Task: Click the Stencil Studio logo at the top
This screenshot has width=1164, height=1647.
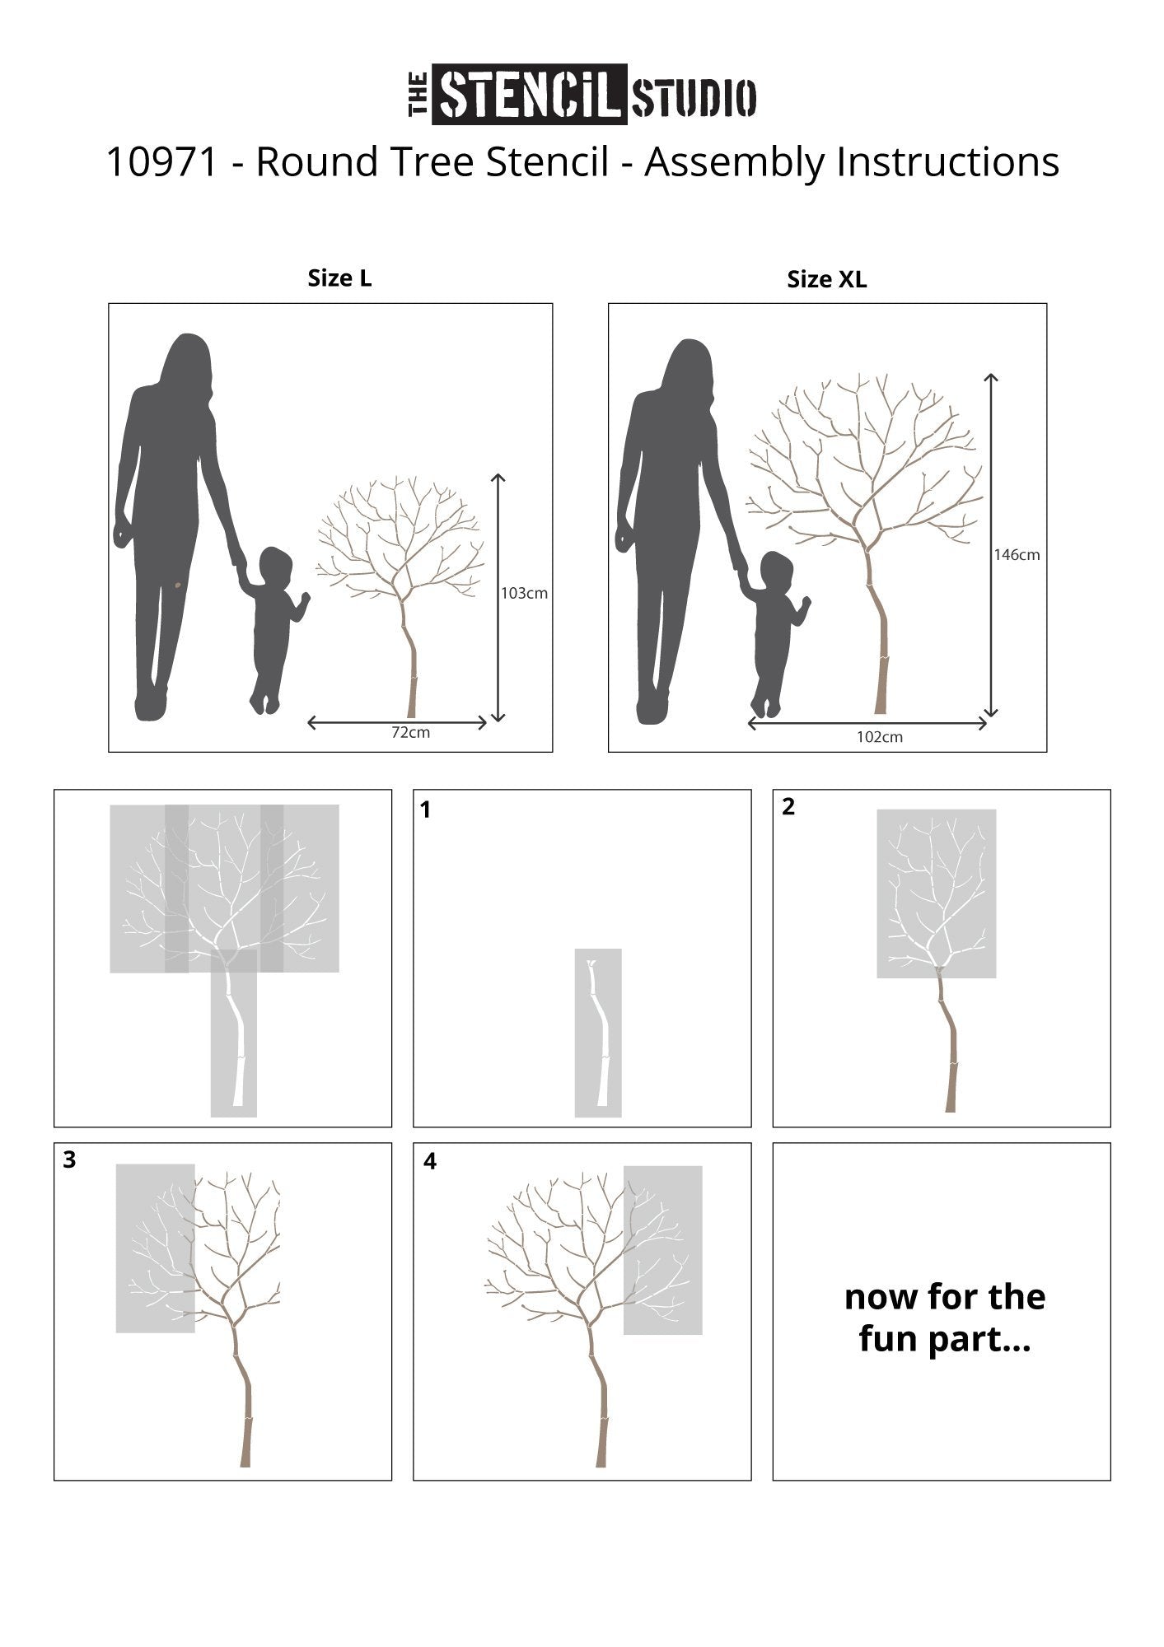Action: [x=582, y=95]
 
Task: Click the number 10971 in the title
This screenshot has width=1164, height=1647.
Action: [x=163, y=162]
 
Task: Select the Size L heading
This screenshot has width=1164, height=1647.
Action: [x=339, y=278]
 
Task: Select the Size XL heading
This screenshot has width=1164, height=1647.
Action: [x=827, y=280]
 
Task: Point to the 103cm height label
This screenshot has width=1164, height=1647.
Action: [x=525, y=593]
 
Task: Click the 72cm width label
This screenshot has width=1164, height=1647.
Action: [x=410, y=732]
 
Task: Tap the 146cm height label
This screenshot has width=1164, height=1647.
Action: [x=1017, y=555]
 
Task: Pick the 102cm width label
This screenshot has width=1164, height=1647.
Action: [x=880, y=737]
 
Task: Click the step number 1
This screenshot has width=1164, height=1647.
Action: [x=425, y=811]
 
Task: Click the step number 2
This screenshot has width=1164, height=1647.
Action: [x=788, y=807]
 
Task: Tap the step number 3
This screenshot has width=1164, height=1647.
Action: [x=69, y=1160]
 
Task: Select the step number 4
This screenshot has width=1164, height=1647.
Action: [x=429, y=1161]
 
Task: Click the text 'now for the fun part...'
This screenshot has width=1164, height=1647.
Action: [x=945, y=1318]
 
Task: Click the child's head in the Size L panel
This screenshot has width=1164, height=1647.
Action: [x=275, y=566]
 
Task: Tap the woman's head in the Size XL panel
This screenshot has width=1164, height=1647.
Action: [x=690, y=366]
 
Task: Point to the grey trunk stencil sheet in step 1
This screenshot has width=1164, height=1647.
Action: [x=598, y=1033]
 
